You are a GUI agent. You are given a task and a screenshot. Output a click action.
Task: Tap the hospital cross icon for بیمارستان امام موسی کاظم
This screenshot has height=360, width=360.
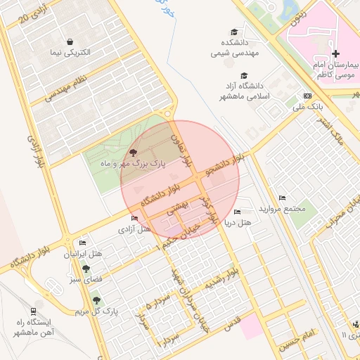(335, 53)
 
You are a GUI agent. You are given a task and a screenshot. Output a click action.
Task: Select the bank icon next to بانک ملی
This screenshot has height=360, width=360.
(307, 96)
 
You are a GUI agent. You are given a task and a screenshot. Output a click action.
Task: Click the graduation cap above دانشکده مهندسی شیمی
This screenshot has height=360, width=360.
(233, 31)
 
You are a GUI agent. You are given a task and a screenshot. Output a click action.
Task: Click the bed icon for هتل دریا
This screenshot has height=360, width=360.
(237, 212)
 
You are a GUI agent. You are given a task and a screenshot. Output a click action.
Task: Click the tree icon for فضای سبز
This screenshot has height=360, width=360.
(86, 268)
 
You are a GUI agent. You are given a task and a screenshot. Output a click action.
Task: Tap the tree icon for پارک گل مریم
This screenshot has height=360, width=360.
(96, 300)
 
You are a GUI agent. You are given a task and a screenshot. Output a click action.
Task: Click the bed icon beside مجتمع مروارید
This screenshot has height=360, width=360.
(283, 198)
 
